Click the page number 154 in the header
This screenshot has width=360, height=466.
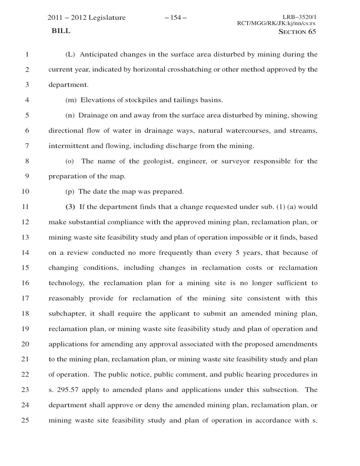tap(176, 18)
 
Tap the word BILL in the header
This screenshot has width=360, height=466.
tap(61, 31)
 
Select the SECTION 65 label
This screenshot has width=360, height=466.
tap(297, 32)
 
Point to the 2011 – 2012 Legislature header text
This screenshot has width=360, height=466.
tap(87, 18)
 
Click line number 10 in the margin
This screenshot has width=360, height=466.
tap(25, 192)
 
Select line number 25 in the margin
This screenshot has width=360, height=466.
tap(25, 420)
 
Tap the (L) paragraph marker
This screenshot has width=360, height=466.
tap(70, 55)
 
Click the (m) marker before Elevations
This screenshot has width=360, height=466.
tap(71, 100)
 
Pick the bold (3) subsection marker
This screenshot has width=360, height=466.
tap(71, 207)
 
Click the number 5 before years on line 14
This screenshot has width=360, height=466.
tap(238, 253)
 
